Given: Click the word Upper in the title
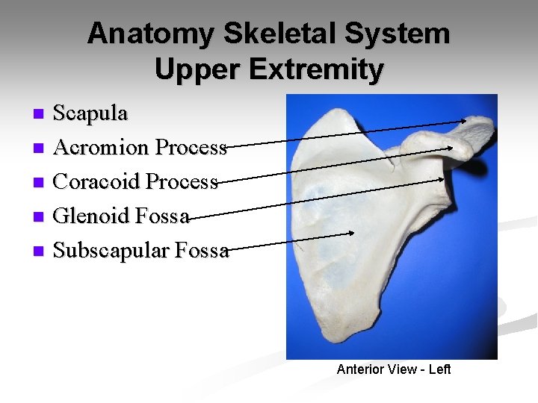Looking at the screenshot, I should tap(197, 69).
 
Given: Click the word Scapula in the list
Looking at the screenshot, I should tap(91, 113).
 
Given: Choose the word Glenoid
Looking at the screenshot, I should tap(92, 216).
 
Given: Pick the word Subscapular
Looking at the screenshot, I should tap(112, 251).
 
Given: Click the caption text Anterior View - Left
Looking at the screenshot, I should tap(394, 369).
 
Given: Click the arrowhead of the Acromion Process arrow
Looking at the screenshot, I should tap(452, 147).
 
